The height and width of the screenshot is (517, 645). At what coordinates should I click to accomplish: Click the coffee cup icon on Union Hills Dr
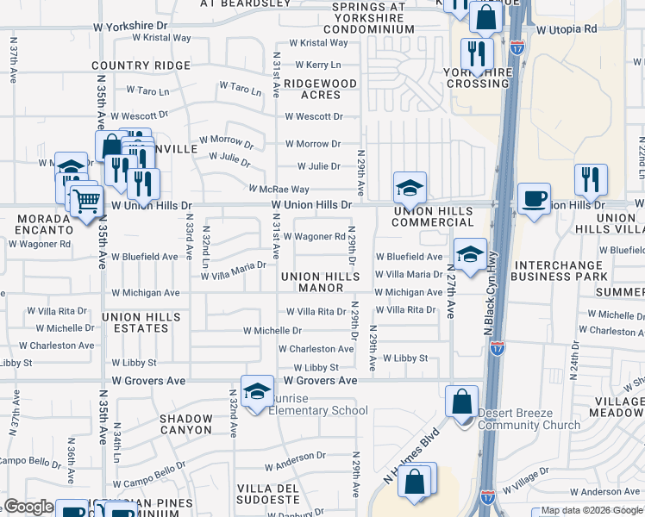(534, 199)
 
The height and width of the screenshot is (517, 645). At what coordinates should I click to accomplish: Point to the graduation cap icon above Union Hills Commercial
(410, 187)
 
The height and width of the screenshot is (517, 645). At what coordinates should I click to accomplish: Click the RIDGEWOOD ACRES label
(321, 89)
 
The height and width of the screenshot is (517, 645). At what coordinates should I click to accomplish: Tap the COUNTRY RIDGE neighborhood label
(128, 65)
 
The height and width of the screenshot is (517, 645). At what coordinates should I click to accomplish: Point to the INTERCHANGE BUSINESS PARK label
(559, 271)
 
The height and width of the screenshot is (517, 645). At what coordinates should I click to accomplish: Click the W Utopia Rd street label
(566, 29)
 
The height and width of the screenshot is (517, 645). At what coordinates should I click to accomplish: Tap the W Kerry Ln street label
(318, 65)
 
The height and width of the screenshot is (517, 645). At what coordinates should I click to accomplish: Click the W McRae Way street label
(279, 189)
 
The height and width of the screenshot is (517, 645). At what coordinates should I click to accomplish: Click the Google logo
(28, 508)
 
